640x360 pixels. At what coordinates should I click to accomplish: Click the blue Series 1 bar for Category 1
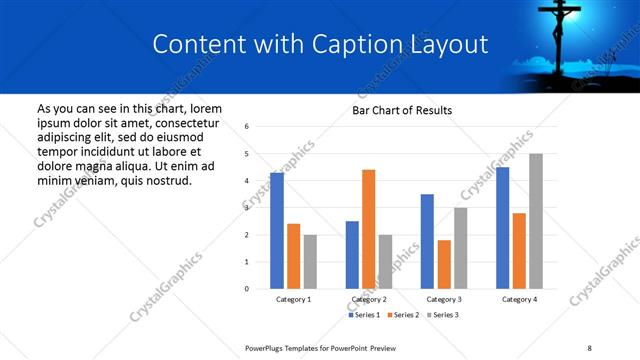click(277, 231)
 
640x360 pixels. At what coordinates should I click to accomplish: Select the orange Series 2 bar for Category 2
click(368, 229)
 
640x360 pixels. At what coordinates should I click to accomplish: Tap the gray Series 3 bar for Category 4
click(536, 221)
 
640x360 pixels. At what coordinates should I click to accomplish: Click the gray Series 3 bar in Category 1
click(310, 262)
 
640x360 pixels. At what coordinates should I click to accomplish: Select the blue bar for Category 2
click(352, 255)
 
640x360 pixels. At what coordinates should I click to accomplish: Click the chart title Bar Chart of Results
click(402, 110)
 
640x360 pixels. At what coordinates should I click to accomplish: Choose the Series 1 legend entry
click(364, 315)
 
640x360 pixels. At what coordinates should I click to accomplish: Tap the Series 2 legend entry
click(401, 315)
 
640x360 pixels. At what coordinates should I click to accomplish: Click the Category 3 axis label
click(443, 299)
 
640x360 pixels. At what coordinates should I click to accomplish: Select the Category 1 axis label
click(293, 299)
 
